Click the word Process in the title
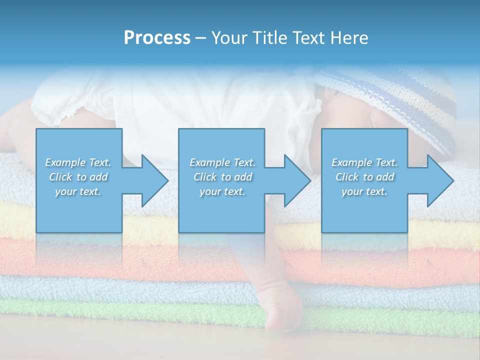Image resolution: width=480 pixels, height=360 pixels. pyautogui.click(x=157, y=38)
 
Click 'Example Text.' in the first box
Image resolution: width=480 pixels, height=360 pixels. pyautogui.click(x=78, y=162)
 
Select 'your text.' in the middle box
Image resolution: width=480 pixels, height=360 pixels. pyautogui.click(x=222, y=192)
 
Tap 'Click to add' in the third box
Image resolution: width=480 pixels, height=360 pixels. pyautogui.click(x=364, y=177)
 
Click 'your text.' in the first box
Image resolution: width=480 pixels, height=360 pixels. pyautogui.click(x=78, y=192)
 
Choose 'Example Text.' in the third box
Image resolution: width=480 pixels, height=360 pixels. pyautogui.click(x=364, y=162)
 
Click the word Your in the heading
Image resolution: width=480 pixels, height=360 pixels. pyautogui.click(x=228, y=38)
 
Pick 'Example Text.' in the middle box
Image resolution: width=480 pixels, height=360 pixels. pyautogui.click(x=222, y=162)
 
